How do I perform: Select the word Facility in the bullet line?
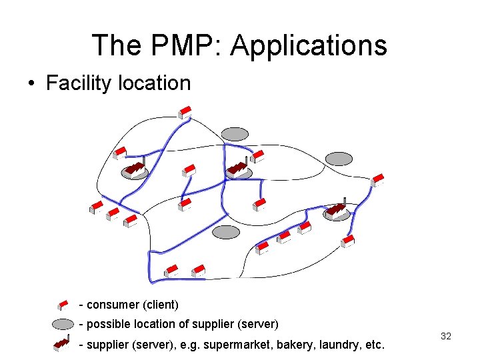tap(80, 83)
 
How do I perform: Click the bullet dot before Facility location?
tap(31, 84)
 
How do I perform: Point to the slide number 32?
tap(446, 336)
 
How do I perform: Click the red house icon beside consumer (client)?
tap(63, 305)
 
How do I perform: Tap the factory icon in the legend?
tap(62, 343)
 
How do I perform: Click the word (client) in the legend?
tap(161, 305)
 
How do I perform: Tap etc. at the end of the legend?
tap(373, 345)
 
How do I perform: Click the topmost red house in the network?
tap(185, 112)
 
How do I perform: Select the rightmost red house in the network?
tap(378, 180)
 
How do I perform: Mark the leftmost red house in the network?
tap(97, 207)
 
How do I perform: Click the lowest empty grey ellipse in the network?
tap(226, 231)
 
